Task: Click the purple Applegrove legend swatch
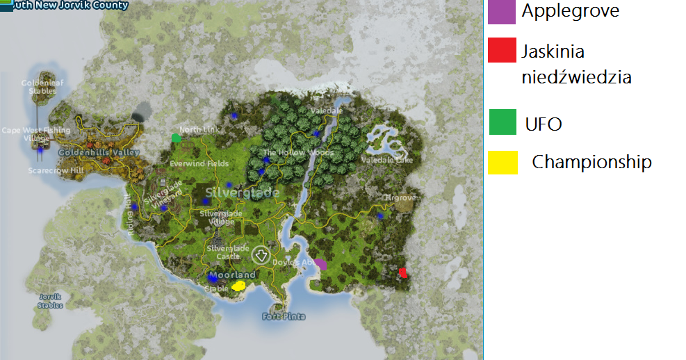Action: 501,12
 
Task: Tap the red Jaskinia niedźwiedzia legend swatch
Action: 501,51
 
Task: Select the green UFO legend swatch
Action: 503,122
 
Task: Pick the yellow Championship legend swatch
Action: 503,163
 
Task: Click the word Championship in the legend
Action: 591,163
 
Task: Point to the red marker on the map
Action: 402,272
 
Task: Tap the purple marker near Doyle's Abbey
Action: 320,264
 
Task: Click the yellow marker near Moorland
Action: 238,286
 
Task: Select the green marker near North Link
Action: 177,138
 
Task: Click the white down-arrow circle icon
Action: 261,255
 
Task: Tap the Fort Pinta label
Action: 284,317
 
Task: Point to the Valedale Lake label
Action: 386,160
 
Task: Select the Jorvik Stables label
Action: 50,301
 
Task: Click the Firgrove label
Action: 400,198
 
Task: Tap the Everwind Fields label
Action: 199,163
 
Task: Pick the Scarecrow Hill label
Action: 56,170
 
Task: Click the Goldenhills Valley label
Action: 99,152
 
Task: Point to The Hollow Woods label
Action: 298,153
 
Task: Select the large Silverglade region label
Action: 243,193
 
